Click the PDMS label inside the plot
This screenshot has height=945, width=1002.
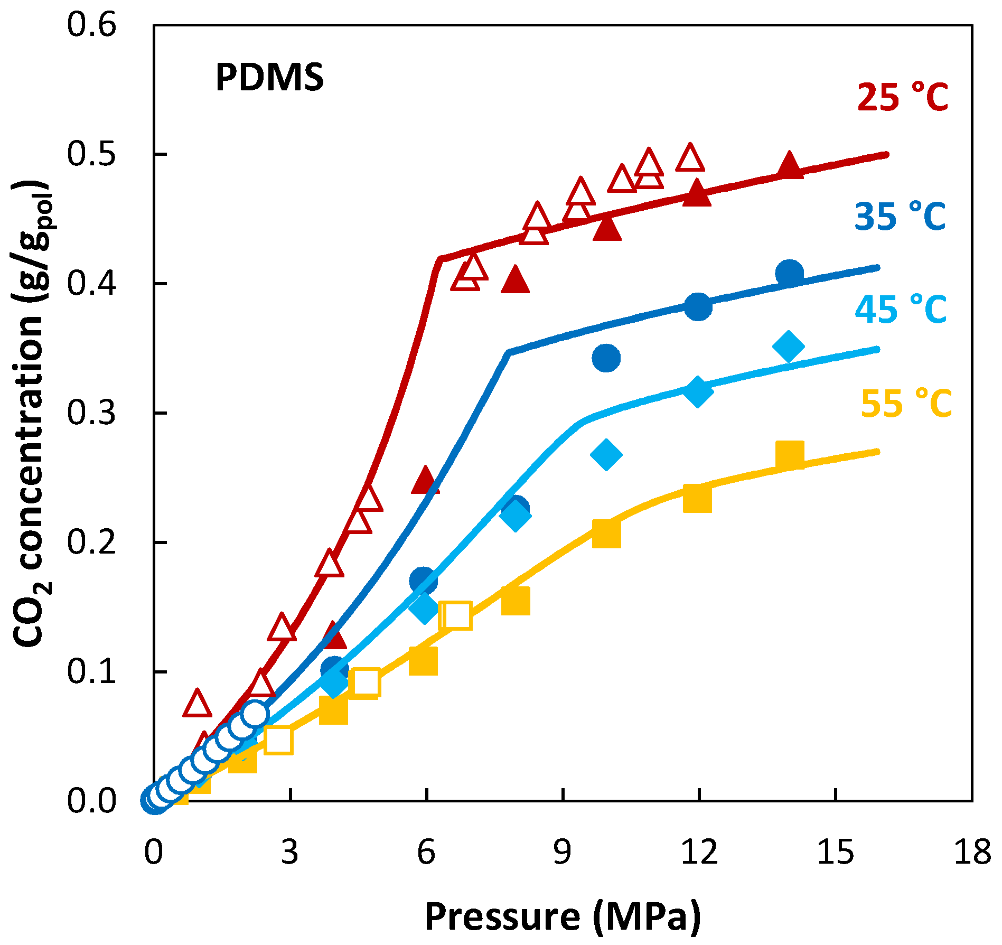pos(269,78)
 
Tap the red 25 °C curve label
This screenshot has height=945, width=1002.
pos(902,98)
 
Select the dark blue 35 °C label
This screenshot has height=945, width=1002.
pos(900,217)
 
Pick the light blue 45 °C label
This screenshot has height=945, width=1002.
pos(901,310)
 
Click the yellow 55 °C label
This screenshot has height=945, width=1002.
pos(906,404)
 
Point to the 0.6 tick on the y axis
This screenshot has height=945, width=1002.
pos(91,25)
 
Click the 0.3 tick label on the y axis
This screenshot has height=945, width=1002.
pos(91,413)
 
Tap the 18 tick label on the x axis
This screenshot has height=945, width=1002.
pos(971,852)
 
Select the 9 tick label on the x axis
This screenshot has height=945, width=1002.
pos(563,852)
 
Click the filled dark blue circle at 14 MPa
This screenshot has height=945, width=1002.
pos(790,273)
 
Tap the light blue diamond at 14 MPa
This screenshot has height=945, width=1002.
pos(789,347)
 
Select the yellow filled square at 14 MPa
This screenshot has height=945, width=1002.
pos(790,455)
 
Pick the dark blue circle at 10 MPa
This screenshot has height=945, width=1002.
pos(606,358)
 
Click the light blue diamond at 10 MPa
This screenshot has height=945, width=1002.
pos(606,454)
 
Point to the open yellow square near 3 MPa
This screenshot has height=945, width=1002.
pos(278,740)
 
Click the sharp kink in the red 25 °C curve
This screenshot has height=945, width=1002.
pos(440,259)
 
